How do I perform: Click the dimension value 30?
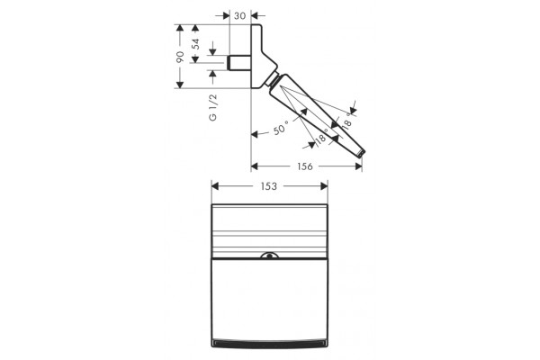pos(239,16)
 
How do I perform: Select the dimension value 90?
pos(180,57)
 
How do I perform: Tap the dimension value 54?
pos(195,44)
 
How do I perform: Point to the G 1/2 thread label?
pos(213,107)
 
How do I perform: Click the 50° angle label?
pos(281,129)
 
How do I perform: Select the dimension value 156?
pos(305,166)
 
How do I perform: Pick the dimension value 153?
pos(268,186)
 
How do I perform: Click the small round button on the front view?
pos(269,256)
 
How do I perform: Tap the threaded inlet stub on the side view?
pos(239,63)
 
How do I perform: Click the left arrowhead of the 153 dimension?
pos(215,186)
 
